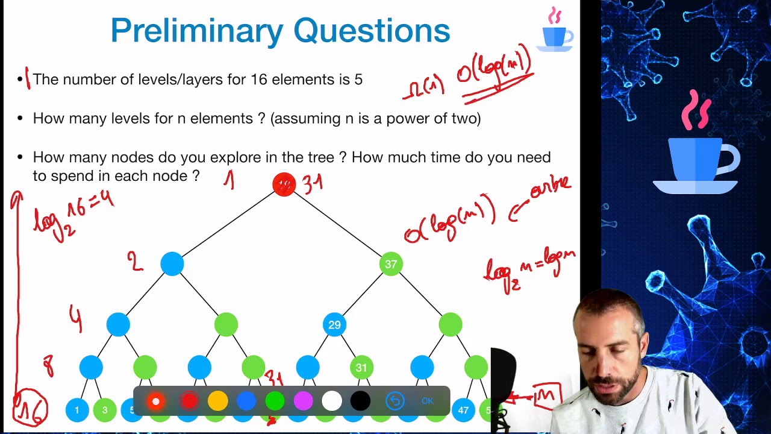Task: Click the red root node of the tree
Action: point(284,184)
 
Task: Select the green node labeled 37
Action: point(391,264)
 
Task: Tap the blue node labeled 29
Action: point(334,325)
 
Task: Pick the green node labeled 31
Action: point(361,367)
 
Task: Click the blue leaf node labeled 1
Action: point(77,410)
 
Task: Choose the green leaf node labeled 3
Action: point(105,410)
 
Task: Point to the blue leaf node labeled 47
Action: point(463,410)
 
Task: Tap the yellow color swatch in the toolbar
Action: point(218,401)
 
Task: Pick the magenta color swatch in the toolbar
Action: point(303,401)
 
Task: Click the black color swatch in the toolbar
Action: point(360,401)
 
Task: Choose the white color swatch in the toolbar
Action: point(332,401)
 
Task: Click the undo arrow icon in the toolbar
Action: point(395,401)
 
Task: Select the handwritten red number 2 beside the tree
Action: point(135,262)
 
